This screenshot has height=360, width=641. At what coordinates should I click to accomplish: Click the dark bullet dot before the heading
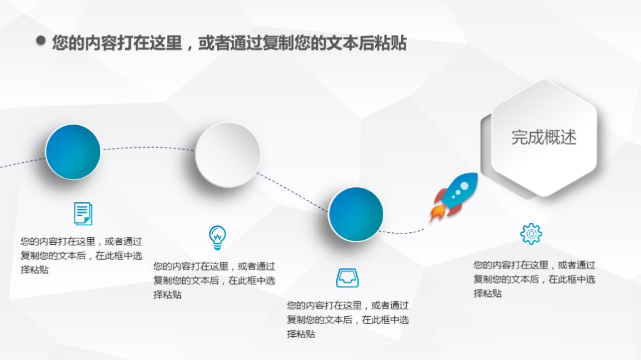pyautogui.click(x=41, y=41)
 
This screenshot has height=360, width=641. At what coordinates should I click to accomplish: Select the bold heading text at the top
pyautogui.click(x=229, y=43)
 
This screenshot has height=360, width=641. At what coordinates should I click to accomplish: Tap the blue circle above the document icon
pyautogui.click(x=73, y=152)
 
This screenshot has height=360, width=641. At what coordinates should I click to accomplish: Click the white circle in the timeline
pyautogui.click(x=227, y=155)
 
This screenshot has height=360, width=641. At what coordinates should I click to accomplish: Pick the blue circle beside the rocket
pyautogui.click(x=356, y=214)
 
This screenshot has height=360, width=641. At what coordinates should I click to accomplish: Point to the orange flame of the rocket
pyautogui.click(x=436, y=213)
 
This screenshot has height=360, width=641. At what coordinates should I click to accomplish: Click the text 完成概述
pyautogui.click(x=543, y=137)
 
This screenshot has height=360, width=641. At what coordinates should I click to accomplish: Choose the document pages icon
pyautogui.click(x=83, y=213)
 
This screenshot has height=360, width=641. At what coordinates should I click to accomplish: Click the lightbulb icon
pyautogui.click(x=217, y=237)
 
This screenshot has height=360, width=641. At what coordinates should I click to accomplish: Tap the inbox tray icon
pyautogui.click(x=347, y=278)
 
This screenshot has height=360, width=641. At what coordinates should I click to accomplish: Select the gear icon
pyautogui.click(x=531, y=234)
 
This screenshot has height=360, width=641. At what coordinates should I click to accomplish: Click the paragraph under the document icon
pyautogui.click(x=81, y=255)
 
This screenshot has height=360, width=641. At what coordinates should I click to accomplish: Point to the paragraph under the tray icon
pyautogui.click(x=347, y=319)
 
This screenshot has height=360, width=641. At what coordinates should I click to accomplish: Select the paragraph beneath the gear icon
pyautogui.click(x=534, y=279)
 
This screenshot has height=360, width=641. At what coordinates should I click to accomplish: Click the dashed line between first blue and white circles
pyautogui.click(x=148, y=148)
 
